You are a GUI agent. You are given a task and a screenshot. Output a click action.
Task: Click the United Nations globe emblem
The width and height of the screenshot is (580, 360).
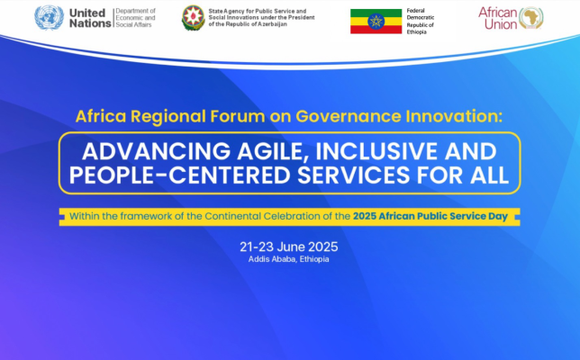[50, 18]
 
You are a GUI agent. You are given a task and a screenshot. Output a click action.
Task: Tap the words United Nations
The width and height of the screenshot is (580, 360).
[90, 18]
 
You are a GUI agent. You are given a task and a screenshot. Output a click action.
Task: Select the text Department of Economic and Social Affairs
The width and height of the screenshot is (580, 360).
[135, 18]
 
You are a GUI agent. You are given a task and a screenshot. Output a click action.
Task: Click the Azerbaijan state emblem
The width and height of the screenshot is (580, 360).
[193, 18]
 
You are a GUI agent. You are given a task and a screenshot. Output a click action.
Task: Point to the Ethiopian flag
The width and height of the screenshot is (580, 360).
[376, 22]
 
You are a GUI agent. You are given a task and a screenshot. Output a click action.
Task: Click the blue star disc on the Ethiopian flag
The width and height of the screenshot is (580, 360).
[376, 22]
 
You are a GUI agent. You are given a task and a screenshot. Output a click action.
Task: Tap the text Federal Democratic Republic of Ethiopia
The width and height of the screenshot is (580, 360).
[421, 22]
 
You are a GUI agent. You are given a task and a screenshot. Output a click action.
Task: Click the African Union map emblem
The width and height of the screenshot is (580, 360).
[531, 18]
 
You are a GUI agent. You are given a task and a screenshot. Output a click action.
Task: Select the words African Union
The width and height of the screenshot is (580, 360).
[497, 18]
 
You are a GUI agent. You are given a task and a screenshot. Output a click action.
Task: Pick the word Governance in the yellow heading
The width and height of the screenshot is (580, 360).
[348, 116]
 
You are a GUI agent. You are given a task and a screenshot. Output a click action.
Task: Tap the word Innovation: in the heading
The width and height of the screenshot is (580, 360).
[454, 116]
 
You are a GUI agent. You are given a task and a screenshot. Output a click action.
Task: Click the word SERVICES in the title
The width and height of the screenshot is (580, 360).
[354, 175]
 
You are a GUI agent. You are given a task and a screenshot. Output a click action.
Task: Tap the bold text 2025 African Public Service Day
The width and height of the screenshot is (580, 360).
[430, 216]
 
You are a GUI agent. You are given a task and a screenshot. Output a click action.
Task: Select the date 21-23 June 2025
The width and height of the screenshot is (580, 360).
[289, 247]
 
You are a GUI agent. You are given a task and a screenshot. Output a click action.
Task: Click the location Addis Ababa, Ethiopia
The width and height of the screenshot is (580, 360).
[288, 259]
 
